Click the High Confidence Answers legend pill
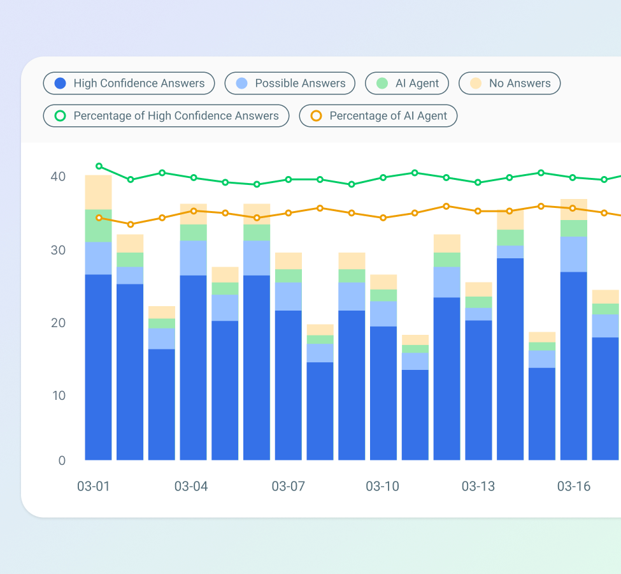pos(129,84)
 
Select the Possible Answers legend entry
pos(290,84)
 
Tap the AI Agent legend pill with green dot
pos(407,84)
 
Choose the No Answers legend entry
pos(510,84)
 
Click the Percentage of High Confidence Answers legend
pos(166,116)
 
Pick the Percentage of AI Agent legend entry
pos(378,116)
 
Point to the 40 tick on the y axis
pos(58,177)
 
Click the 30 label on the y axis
pos(58,250)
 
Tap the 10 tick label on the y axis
pos(58,395)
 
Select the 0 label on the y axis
pos(62,460)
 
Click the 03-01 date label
pos(94,487)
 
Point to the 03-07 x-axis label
pos(289,487)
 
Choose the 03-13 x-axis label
pos(478,487)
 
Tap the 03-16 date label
pos(574,487)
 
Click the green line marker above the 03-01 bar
pos(99,166)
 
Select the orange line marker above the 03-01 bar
pos(99,218)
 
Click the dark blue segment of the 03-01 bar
pos(99,367)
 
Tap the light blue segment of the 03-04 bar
pos(194,258)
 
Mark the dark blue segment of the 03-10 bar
pos(383,393)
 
